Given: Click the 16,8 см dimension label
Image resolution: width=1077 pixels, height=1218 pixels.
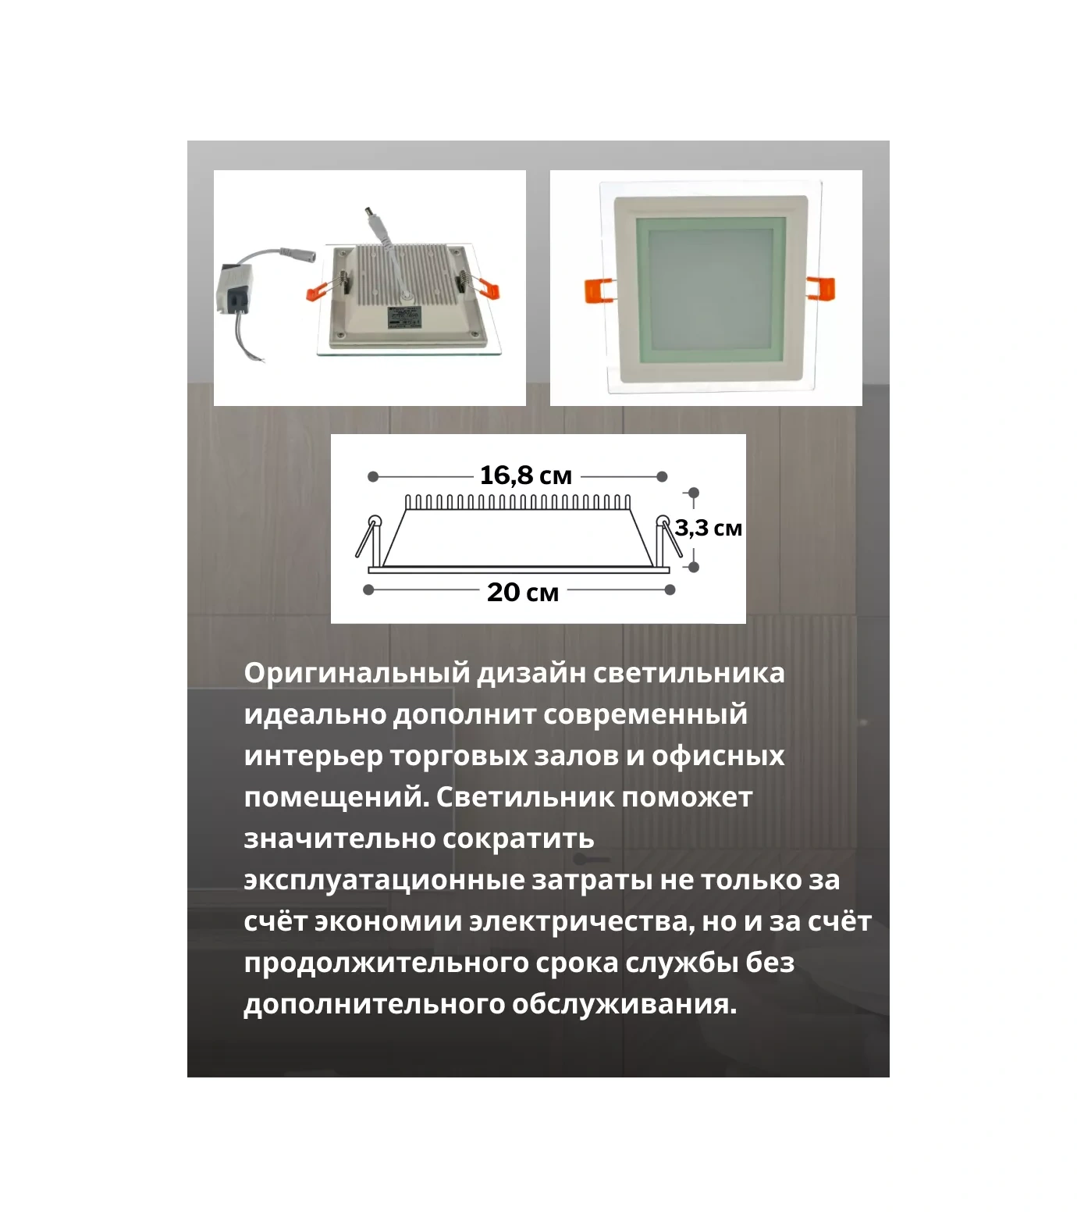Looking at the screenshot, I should tap(525, 475).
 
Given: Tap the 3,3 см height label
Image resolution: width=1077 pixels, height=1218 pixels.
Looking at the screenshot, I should tap(708, 529).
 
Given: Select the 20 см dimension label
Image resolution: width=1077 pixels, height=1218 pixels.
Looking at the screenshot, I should tap(522, 592).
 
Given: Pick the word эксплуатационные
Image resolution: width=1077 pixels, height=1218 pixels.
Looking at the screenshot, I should tap(384, 880).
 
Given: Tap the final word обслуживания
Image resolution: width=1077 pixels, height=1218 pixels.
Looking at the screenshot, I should tap(624, 1004).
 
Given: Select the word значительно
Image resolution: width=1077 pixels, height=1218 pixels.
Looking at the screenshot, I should tap(339, 839).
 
